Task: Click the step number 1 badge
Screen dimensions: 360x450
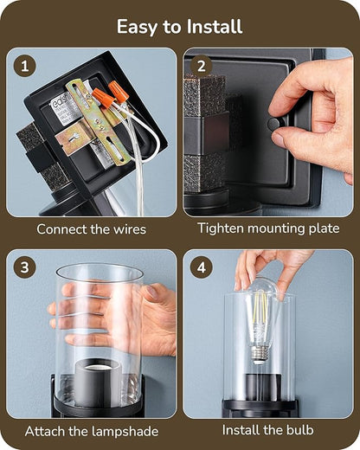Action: (25, 67)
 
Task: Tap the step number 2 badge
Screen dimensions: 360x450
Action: (202, 66)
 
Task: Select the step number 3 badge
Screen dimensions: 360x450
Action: (24, 267)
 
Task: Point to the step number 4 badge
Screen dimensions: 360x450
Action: (202, 267)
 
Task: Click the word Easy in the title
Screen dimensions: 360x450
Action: (138, 27)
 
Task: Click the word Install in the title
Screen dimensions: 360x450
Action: (215, 27)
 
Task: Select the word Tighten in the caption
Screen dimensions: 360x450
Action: (221, 228)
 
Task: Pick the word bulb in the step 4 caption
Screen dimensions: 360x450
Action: (299, 430)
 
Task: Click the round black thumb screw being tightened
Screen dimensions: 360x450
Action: (274, 125)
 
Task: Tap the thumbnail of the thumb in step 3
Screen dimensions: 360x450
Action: (151, 292)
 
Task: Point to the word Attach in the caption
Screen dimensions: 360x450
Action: (44, 432)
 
